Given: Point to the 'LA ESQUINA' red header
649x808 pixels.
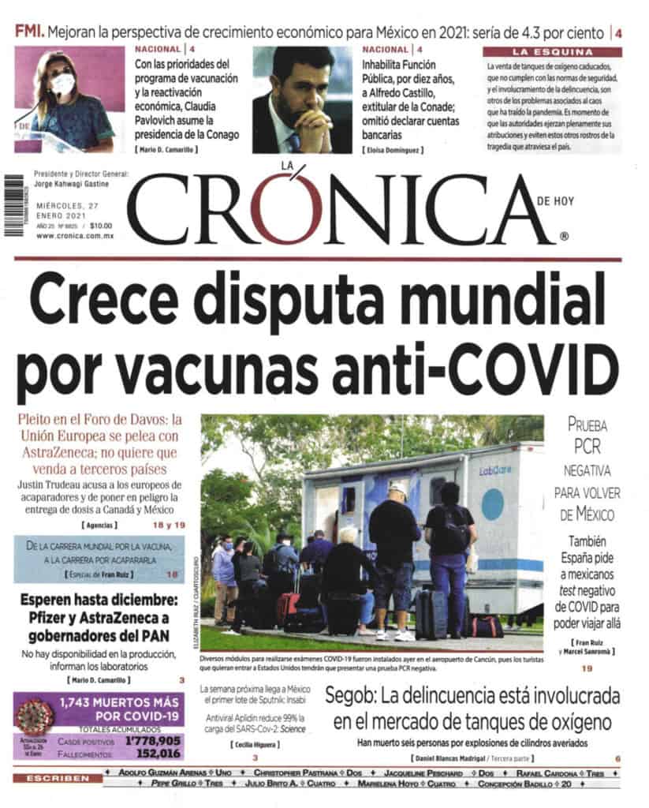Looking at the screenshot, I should tap(551, 52).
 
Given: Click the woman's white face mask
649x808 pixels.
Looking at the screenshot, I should tap(63, 84).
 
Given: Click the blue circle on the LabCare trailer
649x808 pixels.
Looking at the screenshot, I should tap(493, 503).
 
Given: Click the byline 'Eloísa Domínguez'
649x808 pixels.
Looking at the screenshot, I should tap(394, 150).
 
